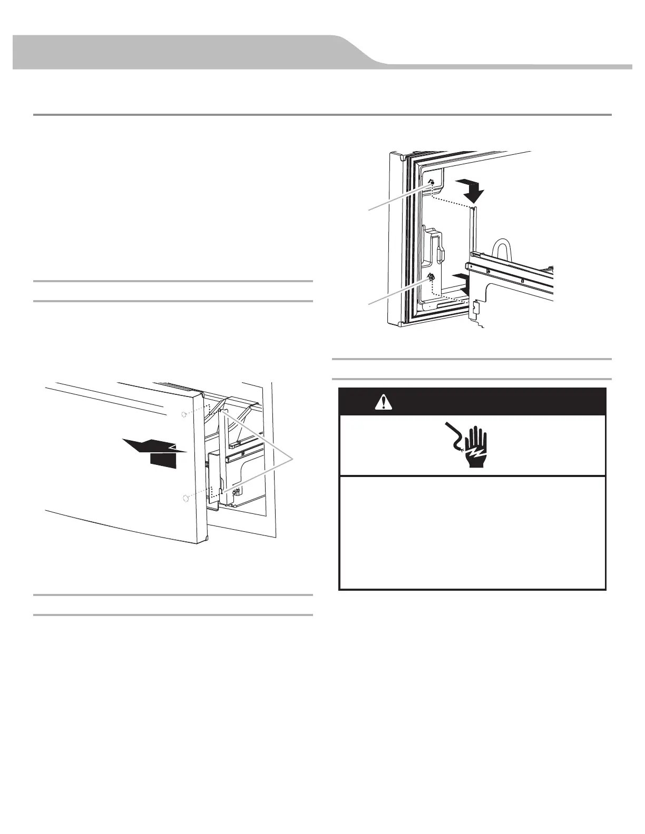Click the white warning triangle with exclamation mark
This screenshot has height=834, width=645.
(x=380, y=402)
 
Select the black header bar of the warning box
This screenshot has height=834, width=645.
(x=472, y=402)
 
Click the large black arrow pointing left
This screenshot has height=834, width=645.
(x=152, y=451)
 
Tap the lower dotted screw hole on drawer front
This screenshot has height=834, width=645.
(x=185, y=498)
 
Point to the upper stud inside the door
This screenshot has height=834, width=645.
(x=431, y=182)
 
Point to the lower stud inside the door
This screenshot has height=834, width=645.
(x=431, y=277)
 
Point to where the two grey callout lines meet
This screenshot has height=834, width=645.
(x=295, y=460)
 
